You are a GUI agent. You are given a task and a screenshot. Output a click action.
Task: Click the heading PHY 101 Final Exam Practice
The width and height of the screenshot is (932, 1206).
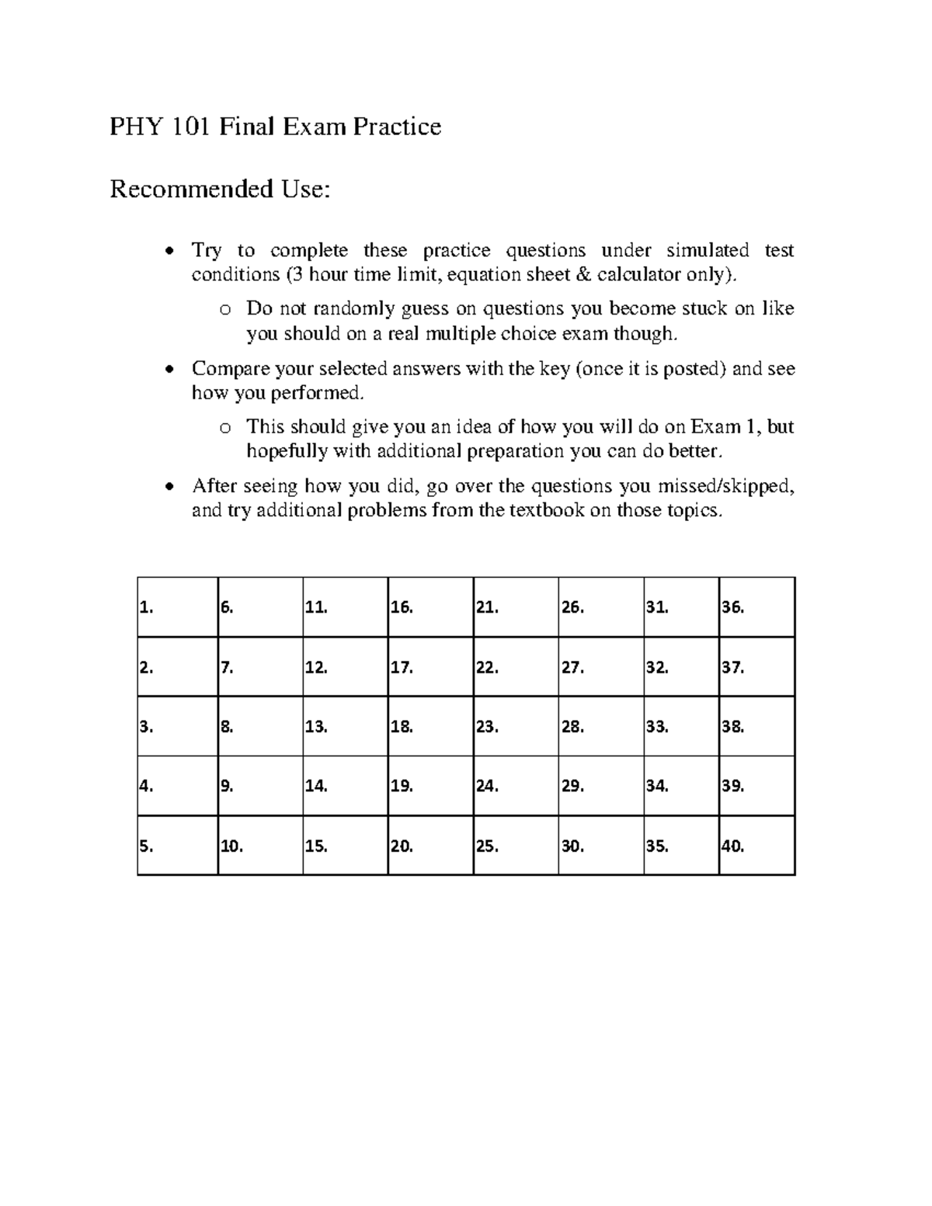click(275, 126)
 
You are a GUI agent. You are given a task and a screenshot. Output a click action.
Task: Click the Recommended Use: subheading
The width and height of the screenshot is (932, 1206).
click(220, 189)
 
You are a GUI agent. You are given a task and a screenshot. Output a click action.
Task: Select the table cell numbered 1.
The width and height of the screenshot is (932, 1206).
click(178, 607)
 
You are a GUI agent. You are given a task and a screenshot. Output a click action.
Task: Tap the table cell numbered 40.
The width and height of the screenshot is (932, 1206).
click(757, 846)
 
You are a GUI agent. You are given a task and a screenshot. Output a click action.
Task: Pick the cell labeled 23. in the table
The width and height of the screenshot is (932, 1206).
click(516, 727)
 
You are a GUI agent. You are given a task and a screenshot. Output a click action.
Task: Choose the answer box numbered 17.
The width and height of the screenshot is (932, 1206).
click(430, 667)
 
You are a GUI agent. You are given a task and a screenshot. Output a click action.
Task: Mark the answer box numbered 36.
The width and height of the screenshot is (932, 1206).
click(757, 607)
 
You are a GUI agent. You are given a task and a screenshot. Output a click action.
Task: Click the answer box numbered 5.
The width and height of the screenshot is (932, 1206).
click(178, 846)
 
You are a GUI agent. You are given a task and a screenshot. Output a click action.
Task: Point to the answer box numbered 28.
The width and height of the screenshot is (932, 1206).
click(600, 727)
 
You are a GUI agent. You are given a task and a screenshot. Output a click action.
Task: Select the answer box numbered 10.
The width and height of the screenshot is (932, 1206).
click(260, 846)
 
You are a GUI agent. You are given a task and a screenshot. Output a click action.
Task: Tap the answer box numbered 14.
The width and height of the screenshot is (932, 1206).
click(345, 786)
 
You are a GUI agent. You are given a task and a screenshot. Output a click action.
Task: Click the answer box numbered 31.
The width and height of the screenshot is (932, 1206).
click(681, 607)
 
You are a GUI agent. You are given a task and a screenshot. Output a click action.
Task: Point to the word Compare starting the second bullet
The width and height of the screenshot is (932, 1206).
click(226, 368)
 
